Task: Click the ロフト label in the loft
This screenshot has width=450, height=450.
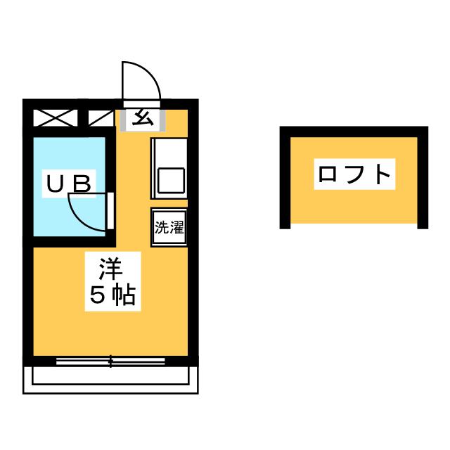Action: (x=354, y=174)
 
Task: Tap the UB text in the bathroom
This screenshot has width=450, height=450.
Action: (x=69, y=184)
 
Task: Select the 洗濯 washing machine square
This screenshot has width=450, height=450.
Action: (x=169, y=227)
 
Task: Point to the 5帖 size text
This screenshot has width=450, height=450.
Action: (x=111, y=296)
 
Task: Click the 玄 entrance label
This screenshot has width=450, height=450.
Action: (x=143, y=117)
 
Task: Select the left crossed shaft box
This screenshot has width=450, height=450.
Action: (x=55, y=117)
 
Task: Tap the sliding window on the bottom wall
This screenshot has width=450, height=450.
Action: (x=110, y=361)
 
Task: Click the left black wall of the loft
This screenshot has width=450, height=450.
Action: (x=285, y=179)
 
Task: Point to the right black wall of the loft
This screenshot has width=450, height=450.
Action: (x=423, y=179)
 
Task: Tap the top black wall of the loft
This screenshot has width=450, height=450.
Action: (x=354, y=131)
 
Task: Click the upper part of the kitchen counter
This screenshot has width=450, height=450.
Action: (x=169, y=150)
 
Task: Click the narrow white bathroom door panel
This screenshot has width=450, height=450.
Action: (x=110, y=211)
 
